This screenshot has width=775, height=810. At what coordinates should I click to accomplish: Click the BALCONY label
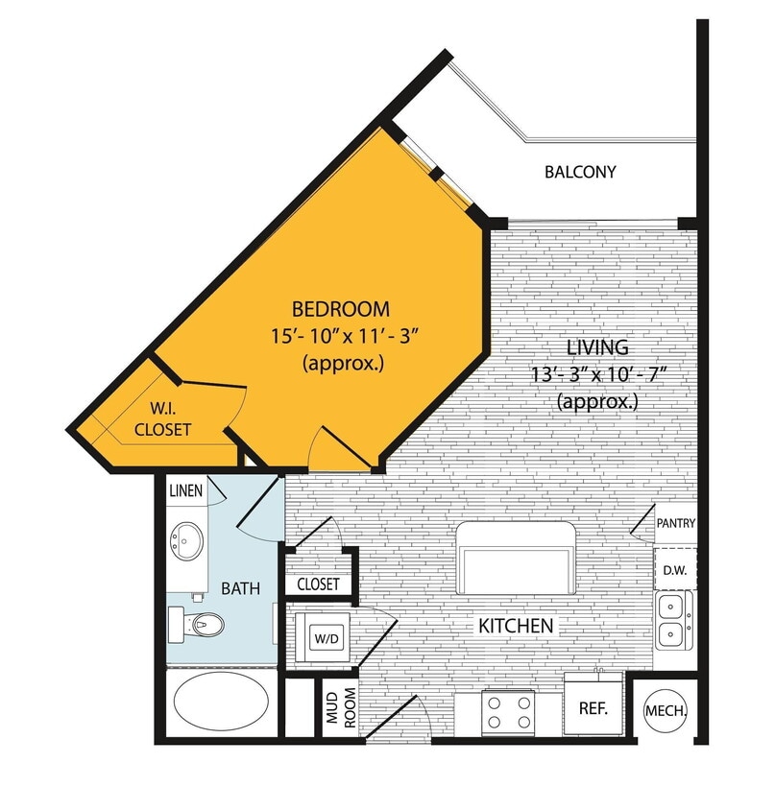point(580,173)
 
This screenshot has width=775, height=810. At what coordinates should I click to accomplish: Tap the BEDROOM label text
point(341,309)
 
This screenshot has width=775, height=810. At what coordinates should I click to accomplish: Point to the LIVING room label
point(596,347)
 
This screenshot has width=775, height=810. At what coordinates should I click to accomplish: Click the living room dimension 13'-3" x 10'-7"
point(596,374)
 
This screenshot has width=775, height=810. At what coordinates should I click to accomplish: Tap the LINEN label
point(185,491)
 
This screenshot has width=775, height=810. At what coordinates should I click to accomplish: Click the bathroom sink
point(186,541)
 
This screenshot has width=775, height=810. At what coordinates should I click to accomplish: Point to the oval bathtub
point(220,703)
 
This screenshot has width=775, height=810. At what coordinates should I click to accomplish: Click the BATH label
point(240,588)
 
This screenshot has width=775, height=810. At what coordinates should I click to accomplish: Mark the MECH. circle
point(665,711)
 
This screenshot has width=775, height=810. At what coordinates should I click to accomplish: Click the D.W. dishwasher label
point(674,570)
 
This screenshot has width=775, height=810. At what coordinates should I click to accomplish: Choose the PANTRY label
point(676,524)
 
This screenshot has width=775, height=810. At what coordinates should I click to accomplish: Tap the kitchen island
point(516,558)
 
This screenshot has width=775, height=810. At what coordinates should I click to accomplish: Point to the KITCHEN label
point(516,627)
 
